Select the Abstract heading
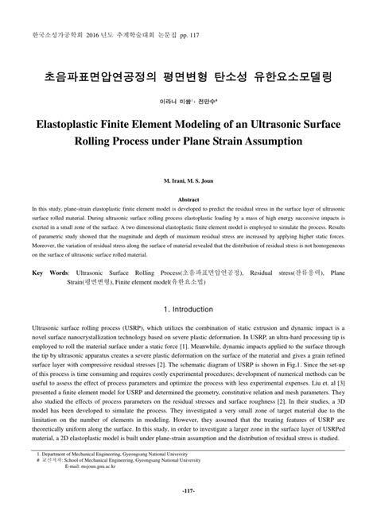(x=188, y=199)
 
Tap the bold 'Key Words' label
(x=50, y=272)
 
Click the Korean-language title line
(x=188, y=79)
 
